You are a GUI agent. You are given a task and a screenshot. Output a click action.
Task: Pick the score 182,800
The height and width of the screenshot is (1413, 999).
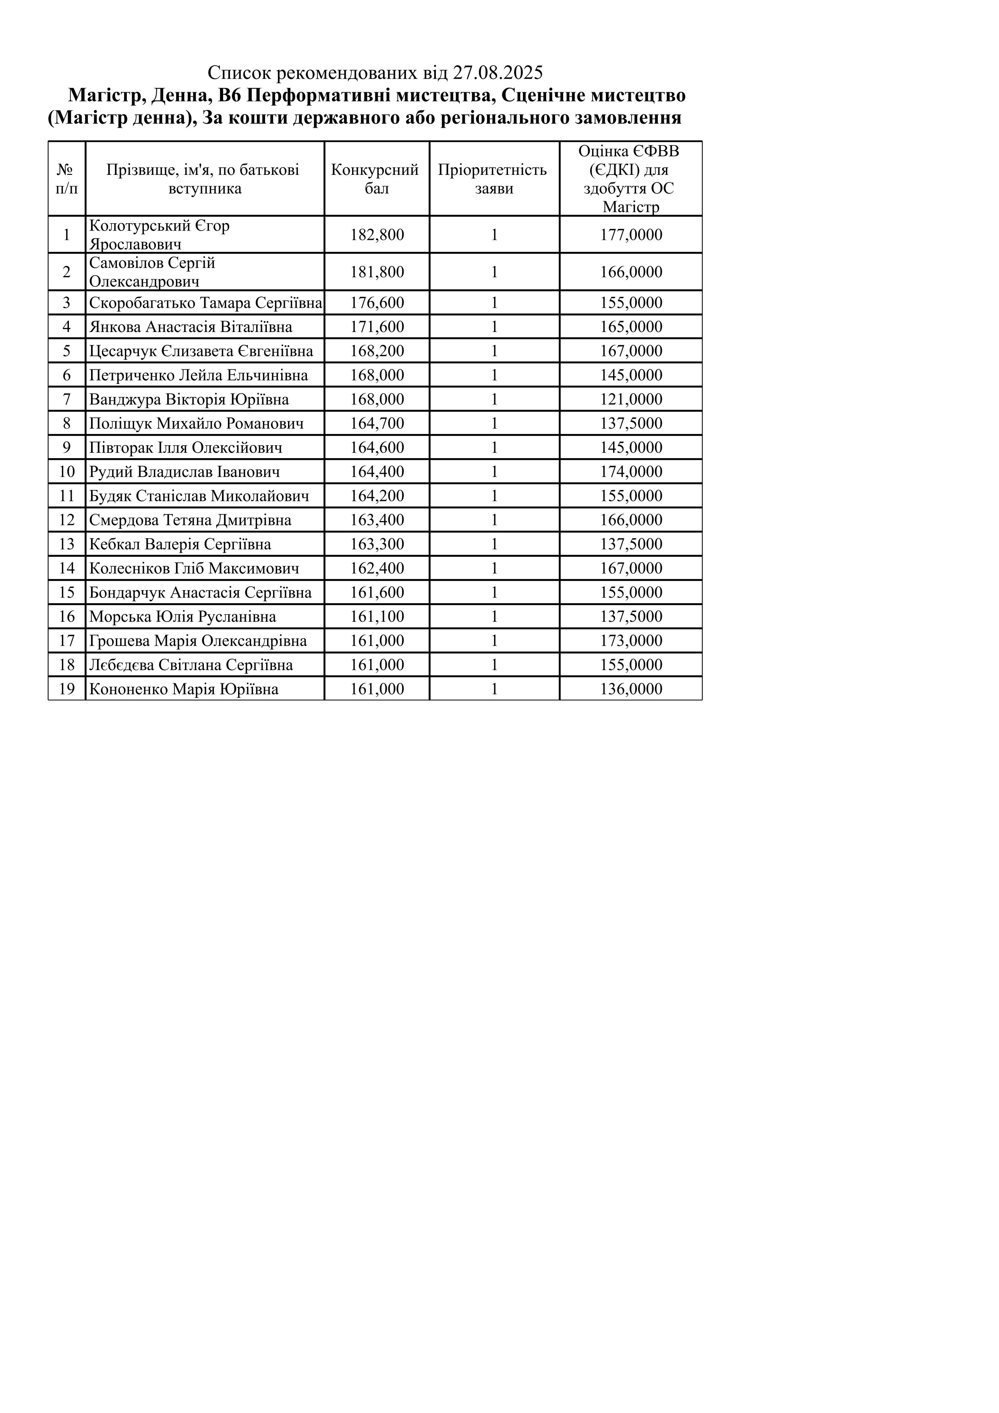[x=377, y=234]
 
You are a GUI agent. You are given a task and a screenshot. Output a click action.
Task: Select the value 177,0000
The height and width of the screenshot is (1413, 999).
[x=631, y=234]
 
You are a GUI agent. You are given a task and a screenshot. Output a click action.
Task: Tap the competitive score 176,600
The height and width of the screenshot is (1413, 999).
[x=377, y=303]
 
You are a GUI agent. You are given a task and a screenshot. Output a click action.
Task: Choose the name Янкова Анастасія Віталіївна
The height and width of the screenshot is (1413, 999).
[x=191, y=327]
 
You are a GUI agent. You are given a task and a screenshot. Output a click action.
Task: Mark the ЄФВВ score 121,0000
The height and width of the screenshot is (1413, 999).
[x=631, y=399]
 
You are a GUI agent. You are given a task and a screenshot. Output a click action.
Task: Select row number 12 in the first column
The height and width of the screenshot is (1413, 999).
[x=66, y=520]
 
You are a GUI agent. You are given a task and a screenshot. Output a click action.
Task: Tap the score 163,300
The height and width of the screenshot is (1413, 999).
[x=377, y=544]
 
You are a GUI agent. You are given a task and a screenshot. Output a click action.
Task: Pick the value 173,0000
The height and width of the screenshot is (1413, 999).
[x=631, y=641]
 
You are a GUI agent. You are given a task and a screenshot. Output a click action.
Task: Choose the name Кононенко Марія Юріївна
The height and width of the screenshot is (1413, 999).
[x=184, y=689]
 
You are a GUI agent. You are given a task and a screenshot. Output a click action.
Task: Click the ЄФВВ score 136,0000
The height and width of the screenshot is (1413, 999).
[x=631, y=689]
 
